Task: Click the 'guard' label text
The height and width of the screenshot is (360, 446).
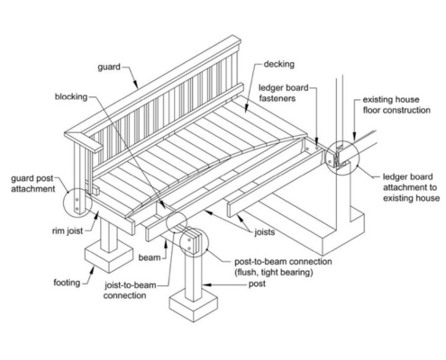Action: pos(109,67)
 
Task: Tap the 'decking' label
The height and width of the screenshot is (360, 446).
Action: pos(278,64)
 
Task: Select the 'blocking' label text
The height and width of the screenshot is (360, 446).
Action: pos(71,97)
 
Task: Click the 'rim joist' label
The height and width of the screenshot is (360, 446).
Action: pos(68,231)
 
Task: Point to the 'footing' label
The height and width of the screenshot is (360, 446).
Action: pos(67,283)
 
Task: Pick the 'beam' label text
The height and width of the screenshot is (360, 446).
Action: pos(150,257)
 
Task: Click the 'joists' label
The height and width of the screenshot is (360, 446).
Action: pos(264,232)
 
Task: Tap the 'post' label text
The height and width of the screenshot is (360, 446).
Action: pos(257,283)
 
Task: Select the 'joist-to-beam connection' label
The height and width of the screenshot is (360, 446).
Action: pos(130,290)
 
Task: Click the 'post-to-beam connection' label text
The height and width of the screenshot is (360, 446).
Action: pos(283,262)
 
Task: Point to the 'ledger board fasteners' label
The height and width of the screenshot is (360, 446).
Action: pos(284,93)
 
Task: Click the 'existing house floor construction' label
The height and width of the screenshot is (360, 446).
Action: pos(396,104)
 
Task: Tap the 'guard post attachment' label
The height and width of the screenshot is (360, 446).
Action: pos(33,184)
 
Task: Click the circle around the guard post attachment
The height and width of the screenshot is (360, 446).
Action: pos(64,202)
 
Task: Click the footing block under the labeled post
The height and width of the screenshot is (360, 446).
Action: pos(194,308)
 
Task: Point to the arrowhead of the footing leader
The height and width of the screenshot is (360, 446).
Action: pos(92,270)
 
